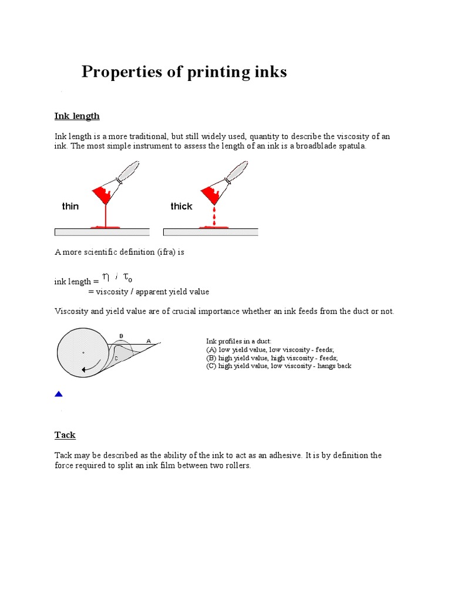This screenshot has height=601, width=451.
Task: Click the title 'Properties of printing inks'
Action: pyautogui.click(x=184, y=72)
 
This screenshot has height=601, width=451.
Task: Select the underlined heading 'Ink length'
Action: pyautogui.click(x=77, y=116)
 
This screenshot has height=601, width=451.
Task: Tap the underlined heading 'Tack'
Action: pyautogui.click(x=65, y=435)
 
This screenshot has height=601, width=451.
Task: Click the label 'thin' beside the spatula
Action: pyautogui.click(x=70, y=206)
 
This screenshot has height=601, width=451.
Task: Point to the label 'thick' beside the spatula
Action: pyautogui.click(x=181, y=206)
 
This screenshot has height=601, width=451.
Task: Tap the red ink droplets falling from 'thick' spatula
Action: pyautogui.click(x=214, y=216)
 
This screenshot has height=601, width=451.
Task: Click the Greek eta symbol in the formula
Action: pyautogui.click(x=105, y=276)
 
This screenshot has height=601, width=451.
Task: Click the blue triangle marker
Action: pyautogui.click(x=58, y=394)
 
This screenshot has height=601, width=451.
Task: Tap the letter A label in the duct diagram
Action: pyautogui.click(x=148, y=340)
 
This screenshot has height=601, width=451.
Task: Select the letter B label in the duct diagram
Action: pyautogui.click(x=121, y=336)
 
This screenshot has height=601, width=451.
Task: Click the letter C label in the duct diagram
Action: pyautogui.click(x=116, y=358)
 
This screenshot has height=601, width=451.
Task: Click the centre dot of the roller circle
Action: pyautogui.click(x=83, y=353)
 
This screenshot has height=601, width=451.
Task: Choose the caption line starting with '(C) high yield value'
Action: pyautogui.click(x=278, y=366)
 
